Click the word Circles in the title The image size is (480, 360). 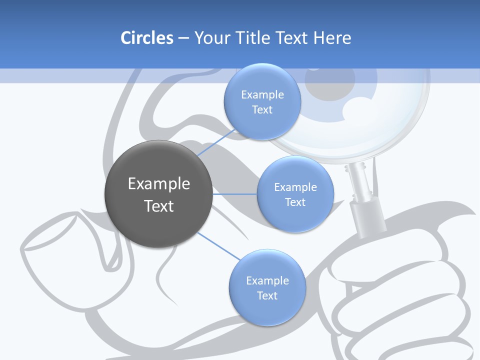[x=146, y=38]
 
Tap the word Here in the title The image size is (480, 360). [x=332, y=38]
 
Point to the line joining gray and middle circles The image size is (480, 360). [x=235, y=194]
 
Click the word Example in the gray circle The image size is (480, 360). [x=158, y=184]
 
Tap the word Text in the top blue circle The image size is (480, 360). [x=262, y=110]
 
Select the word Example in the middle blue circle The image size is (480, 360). [x=295, y=187]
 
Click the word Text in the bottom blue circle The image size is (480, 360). [x=267, y=296]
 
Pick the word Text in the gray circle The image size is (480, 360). [x=158, y=206]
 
